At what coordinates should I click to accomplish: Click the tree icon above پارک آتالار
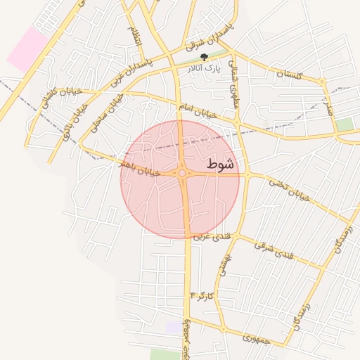(x=204, y=57)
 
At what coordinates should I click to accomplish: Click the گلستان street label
(x=289, y=73)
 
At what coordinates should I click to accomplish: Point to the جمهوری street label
(x=257, y=337)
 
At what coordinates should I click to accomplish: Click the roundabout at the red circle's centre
(x=182, y=173)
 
